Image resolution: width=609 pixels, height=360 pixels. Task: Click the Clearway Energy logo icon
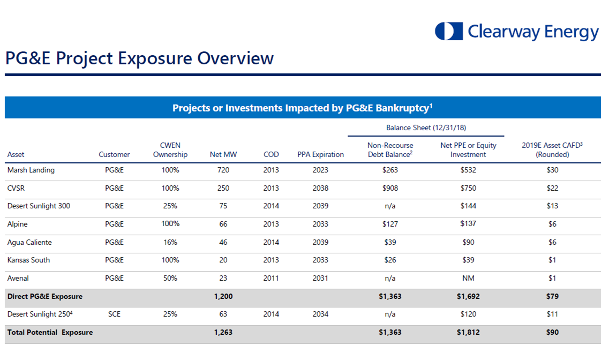tap(448, 31)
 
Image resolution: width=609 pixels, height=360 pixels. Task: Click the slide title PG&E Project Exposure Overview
tap(139, 58)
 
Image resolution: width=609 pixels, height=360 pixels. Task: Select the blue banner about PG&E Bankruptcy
tap(303, 108)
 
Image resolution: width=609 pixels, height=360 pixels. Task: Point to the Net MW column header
tap(223, 154)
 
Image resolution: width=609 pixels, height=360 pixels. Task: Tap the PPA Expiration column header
tap(320, 154)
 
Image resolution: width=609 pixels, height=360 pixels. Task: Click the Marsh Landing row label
tap(31, 170)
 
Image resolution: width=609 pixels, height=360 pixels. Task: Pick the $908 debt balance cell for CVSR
tap(390, 188)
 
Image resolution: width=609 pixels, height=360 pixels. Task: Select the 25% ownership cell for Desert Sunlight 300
tap(170, 206)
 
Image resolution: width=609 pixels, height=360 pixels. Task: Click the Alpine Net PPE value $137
tap(468, 224)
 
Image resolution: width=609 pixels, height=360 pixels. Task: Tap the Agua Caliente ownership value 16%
tap(170, 242)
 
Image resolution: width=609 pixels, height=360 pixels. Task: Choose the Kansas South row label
tap(29, 260)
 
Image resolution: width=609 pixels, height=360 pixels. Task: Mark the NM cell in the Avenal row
tap(468, 278)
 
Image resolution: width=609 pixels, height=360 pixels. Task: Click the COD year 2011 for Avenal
tap(271, 278)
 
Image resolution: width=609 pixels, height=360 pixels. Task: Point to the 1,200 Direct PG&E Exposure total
tap(223, 296)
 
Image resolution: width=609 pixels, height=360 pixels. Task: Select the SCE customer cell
tap(114, 314)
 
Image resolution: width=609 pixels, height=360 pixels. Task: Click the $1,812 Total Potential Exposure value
tap(468, 332)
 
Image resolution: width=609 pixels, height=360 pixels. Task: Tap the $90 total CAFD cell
tap(552, 332)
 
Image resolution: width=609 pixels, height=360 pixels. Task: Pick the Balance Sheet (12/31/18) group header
tap(426, 128)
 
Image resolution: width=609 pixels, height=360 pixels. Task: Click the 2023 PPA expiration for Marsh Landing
tap(320, 170)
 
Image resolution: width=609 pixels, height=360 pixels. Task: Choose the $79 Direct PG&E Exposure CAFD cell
tap(552, 296)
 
